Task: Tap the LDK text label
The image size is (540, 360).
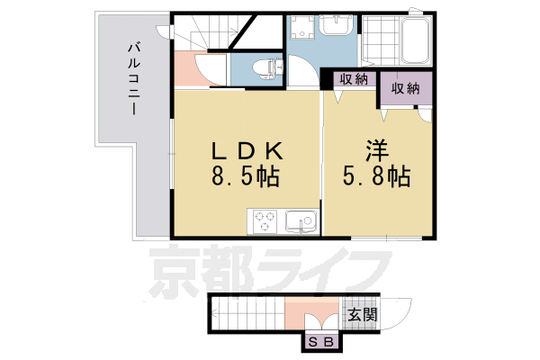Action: pyautogui.click(x=244, y=148)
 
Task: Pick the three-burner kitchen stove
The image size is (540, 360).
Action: pyautogui.click(x=265, y=220)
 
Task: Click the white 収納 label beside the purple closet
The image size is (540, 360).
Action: pyautogui.click(x=354, y=79)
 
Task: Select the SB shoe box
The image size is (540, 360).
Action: pyautogui.click(x=321, y=342)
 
